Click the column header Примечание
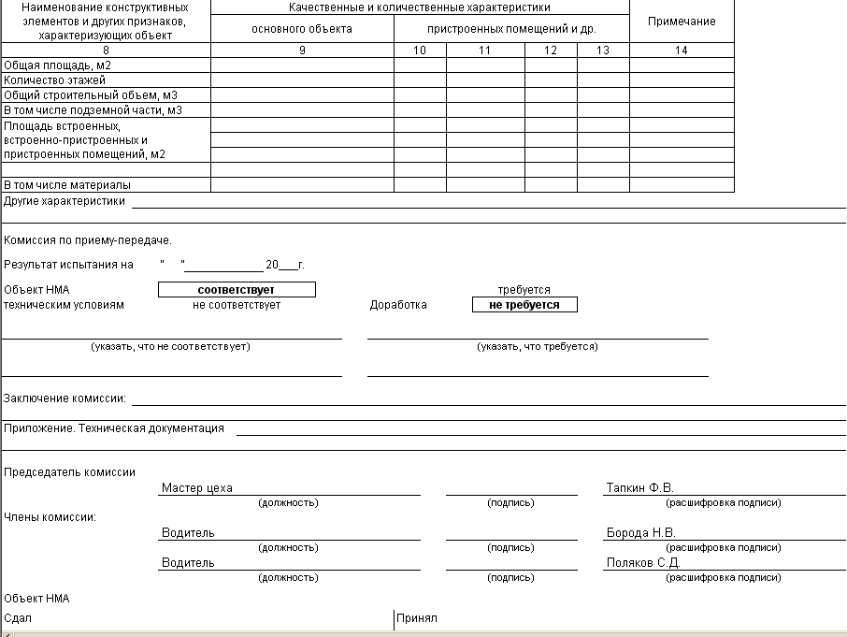(682, 22)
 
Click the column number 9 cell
(302, 51)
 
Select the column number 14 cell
(682, 51)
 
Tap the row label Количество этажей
(54, 80)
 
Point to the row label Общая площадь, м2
(58, 65)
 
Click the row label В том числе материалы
(67, 185)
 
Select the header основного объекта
(302, 29)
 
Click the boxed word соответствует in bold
(237, 290)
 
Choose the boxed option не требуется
(524, 305)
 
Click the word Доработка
(398, 305)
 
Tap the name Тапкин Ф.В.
(639, 488)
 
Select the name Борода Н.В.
(640, 533)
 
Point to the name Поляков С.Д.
(642, 563)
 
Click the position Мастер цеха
(197, 488)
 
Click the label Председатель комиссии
(70, 472)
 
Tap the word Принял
(417, 618)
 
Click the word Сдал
(19, 618)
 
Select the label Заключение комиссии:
(65, 398)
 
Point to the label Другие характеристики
(65, 200)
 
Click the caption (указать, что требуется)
(538, 346)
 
